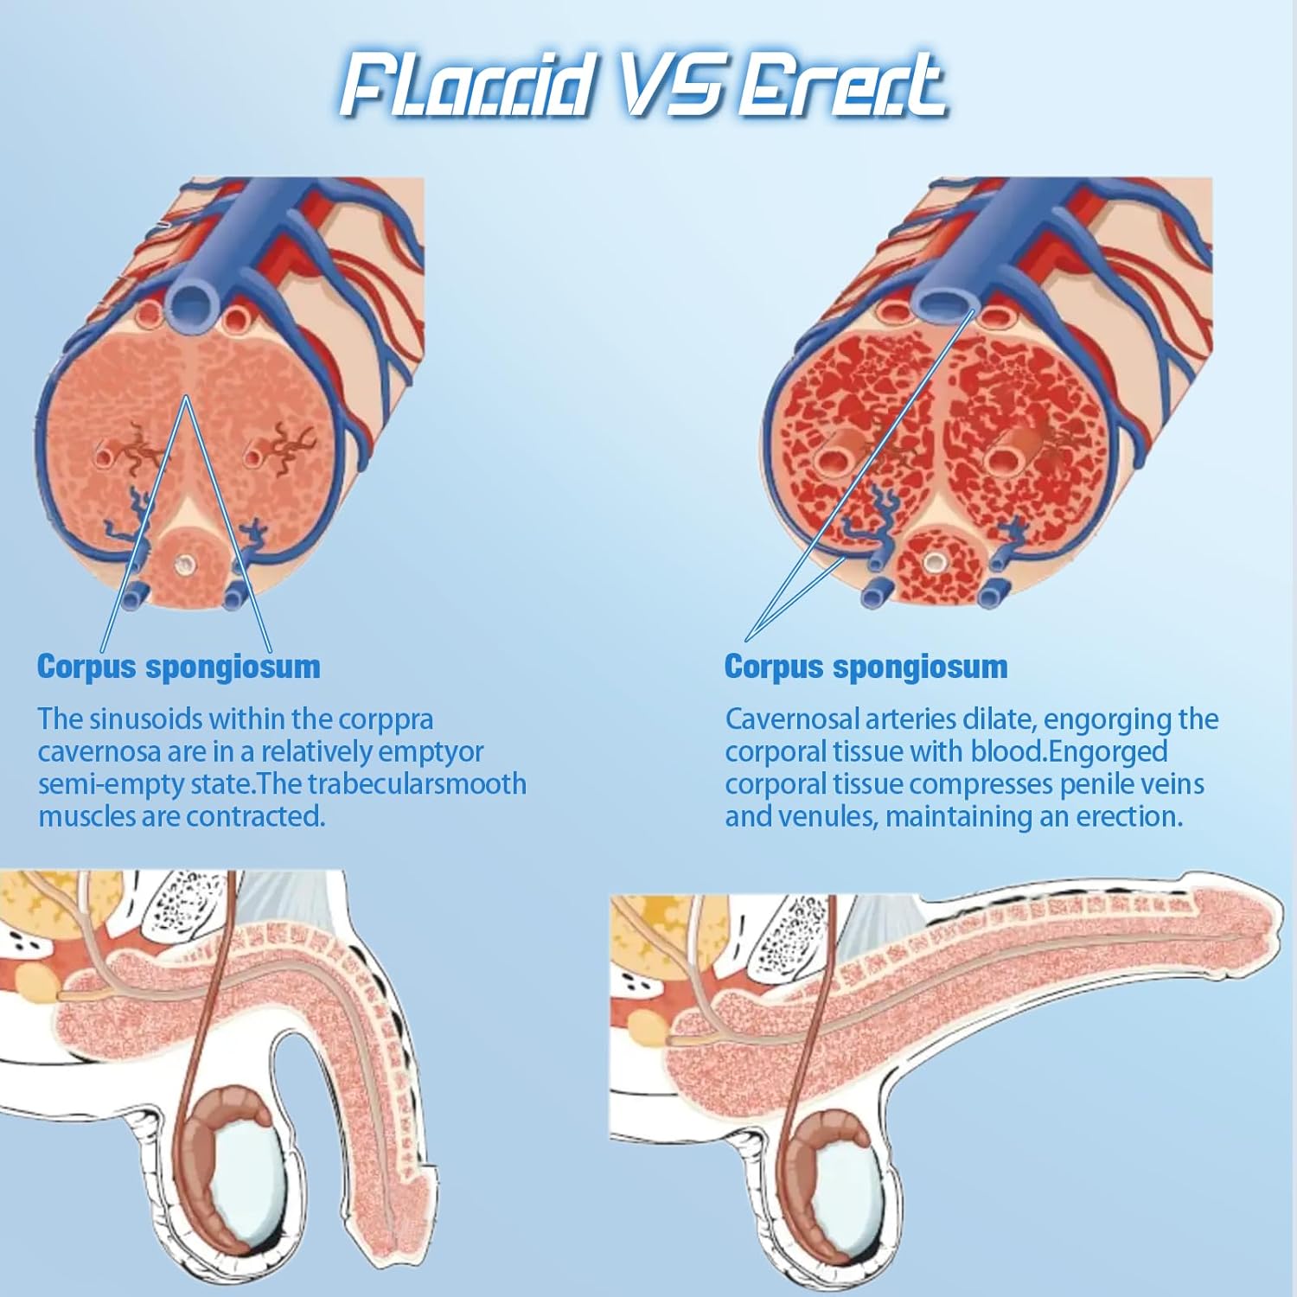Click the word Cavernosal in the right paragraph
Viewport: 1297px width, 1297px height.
pos(792,719)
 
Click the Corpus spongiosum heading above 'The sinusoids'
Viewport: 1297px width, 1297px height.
pos(179,667)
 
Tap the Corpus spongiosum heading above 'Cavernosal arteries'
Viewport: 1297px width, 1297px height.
pos(866,667)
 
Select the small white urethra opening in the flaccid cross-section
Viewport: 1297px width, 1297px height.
pos(185,565)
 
